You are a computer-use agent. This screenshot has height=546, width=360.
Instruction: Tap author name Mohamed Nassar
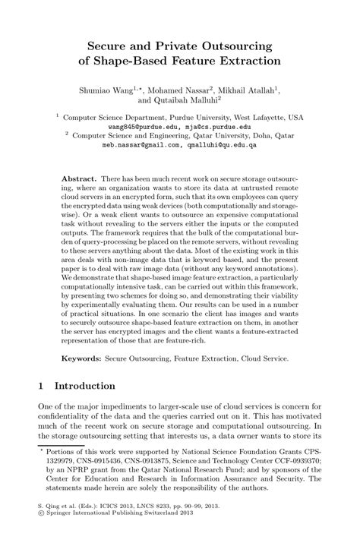point(180,89)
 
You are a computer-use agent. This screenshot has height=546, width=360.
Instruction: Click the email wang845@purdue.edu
point(146,127)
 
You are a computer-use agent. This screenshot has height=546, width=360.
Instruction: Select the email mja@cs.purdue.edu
point(216,127)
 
